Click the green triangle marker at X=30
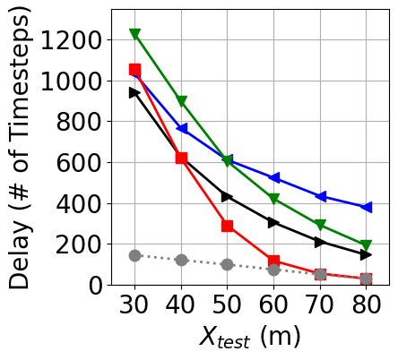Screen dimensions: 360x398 pyautogui.click(x=134, y=34)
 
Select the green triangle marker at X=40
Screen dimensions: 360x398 pyautogui.click(x=181, y=101)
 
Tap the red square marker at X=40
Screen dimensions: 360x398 pyautogui.click(x=181, y=158)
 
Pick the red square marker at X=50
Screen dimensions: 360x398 pyautogui.click(x=228, y=226)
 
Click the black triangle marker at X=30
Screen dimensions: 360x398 pyautogui.click(x=134, y=92)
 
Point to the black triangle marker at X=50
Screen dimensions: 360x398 pyautogui.click(x=228, y=196)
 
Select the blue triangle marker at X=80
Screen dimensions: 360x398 pyautogui.click(x=366, y=207)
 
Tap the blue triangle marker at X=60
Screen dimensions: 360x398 pyautogui.click(x=273, y=178)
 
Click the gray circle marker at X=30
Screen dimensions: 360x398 pyautogui.click(x=134, y=255)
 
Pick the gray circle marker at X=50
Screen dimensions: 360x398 pyautogui.click(x=228, y=264)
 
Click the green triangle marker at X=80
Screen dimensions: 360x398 pyautogui.click(x=366, y=245)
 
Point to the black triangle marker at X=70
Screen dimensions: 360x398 pyautogui.click(x=320, y=242)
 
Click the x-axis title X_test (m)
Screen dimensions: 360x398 pyautogui.click(x=249, y=338)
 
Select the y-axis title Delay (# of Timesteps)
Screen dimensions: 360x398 pyautogui.click(x=22, y=148)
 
